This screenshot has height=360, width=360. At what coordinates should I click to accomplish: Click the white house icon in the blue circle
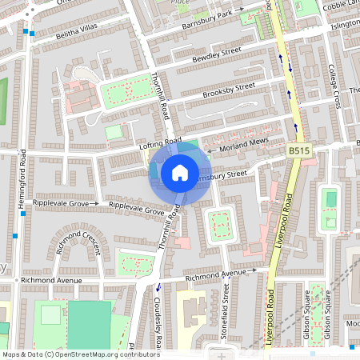[180, 172]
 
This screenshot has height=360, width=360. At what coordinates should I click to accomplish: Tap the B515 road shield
[299, 150]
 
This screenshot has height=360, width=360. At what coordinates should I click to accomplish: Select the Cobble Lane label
[341, 5]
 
